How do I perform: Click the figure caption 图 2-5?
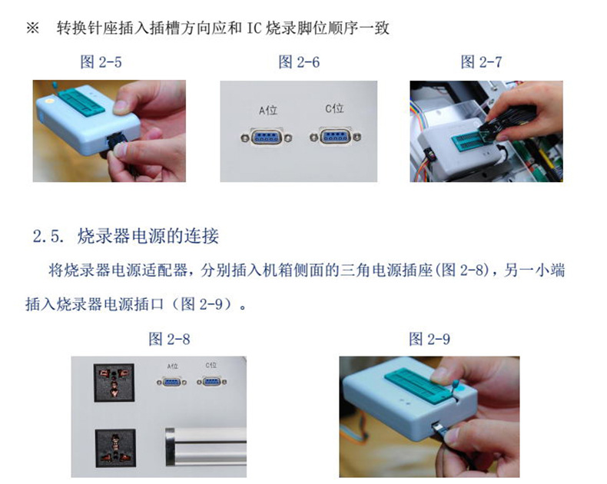101,62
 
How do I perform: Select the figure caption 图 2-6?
299,62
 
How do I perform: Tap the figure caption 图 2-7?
481,61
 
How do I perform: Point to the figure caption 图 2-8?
169,340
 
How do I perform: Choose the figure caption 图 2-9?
430,340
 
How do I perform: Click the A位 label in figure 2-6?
268,111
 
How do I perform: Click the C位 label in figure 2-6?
334,108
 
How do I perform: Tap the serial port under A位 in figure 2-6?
267,137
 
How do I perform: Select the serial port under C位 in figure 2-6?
335,136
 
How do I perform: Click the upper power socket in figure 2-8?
114,383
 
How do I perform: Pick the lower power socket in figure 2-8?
115,448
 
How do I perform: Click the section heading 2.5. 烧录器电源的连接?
126,236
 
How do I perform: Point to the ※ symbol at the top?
32,28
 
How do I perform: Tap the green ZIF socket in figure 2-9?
417,383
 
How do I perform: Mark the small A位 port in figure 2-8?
171,382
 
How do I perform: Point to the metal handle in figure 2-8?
206,446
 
